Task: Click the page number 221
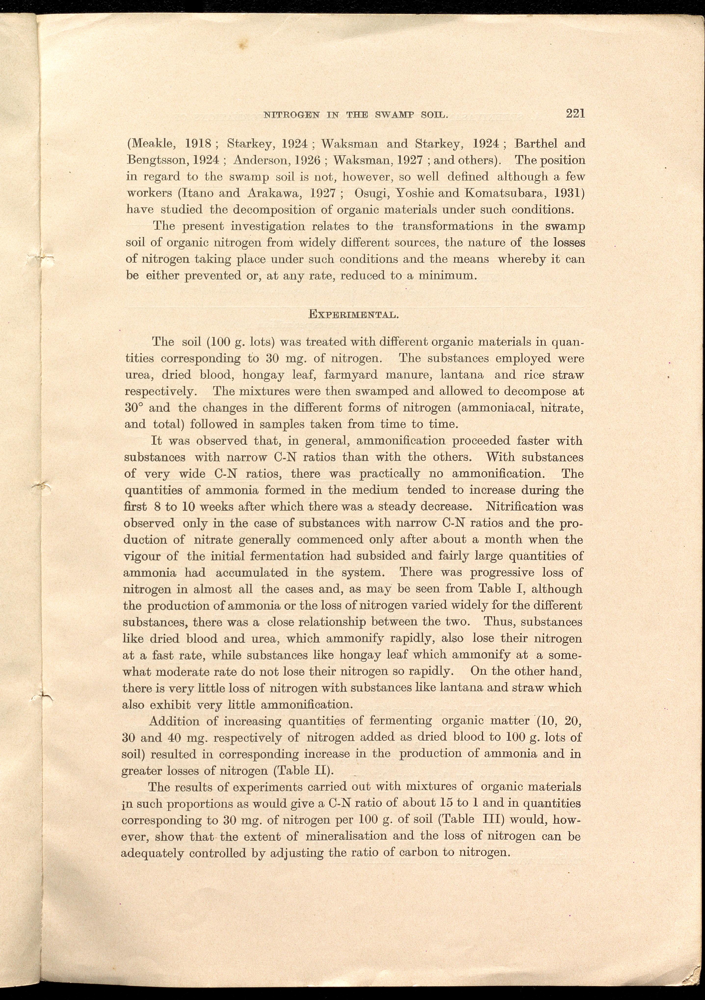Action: click(575, 114)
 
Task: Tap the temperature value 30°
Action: click(134, 408)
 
